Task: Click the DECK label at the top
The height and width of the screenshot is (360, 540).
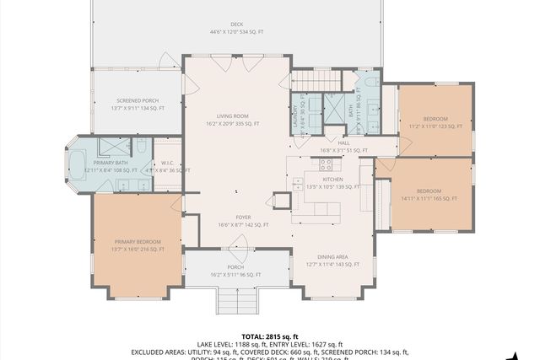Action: tap(237, 24)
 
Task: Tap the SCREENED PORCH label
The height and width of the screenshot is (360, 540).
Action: tap(138, 104)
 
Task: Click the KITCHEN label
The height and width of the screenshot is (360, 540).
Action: tap(332, 180)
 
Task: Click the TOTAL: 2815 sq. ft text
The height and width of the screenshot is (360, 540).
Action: tap(269, 336)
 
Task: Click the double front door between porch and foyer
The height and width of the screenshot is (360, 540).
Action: tap(240, 250)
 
